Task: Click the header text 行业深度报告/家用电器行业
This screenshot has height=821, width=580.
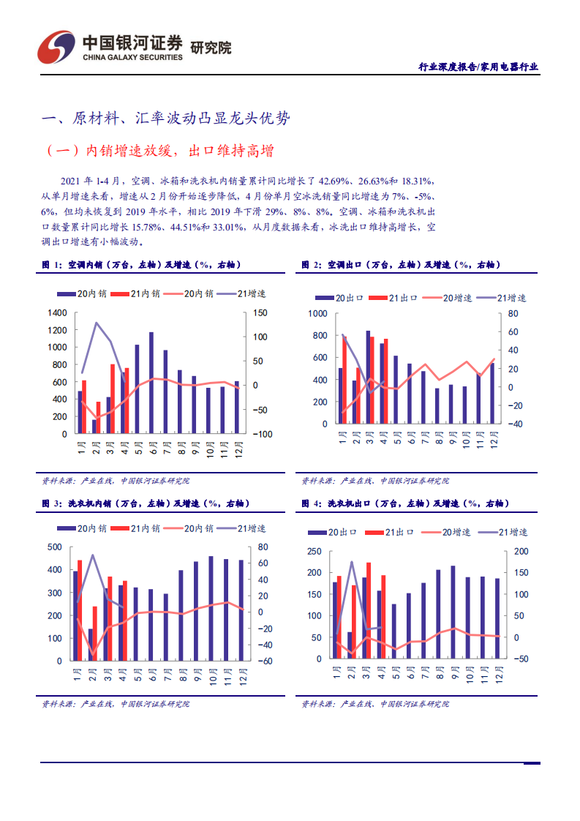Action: click(478, 67)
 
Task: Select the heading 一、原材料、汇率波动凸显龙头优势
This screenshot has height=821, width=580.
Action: click(170, 119)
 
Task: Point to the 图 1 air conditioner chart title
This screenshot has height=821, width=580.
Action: click(140, 264)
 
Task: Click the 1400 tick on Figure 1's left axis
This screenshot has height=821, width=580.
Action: click(57, 312)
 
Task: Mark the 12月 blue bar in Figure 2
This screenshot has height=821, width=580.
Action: click(492, 394)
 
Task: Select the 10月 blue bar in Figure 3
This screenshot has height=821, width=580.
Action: click(211, 608)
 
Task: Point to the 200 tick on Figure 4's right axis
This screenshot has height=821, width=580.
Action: click(521, 551)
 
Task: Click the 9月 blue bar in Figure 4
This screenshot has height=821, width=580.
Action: click(453, 612)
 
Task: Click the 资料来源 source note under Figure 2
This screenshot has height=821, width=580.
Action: click(375, 481)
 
